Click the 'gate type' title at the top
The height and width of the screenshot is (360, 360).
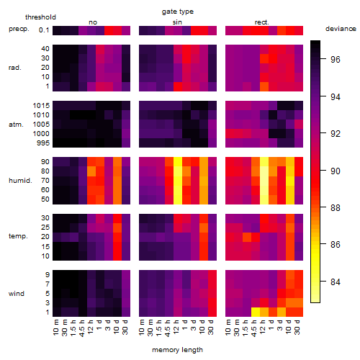coord(178,12)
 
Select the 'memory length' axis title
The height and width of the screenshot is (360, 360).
coord(177,350)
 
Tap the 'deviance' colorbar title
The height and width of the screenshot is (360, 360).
coord(341,29)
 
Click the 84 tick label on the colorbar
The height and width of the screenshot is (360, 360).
coord(336,282)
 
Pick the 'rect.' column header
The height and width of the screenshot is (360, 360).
coord(261,22)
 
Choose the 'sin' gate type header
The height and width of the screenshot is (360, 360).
coord(177,22)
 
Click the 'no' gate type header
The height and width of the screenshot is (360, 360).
coord(93,22)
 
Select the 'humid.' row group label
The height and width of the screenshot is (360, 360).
coord(20,181)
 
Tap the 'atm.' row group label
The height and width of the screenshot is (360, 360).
coord(16,125)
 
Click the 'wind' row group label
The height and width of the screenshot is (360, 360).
coord(17,294)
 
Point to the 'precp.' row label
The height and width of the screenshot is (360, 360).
coord(19,29)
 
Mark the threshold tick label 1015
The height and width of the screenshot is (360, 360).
coord(41,106)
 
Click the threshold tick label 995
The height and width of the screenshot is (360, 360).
coord(43,143)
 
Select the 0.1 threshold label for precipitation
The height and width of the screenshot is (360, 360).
coord(44,30)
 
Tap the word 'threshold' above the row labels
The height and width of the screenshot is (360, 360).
coord(40,17)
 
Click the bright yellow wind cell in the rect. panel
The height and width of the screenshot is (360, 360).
coord(256,312)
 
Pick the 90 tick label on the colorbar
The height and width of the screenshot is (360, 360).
coord(336,171)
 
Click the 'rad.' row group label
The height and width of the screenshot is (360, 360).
coord(15,68)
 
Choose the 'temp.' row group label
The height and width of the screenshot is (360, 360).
coord(18,236)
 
